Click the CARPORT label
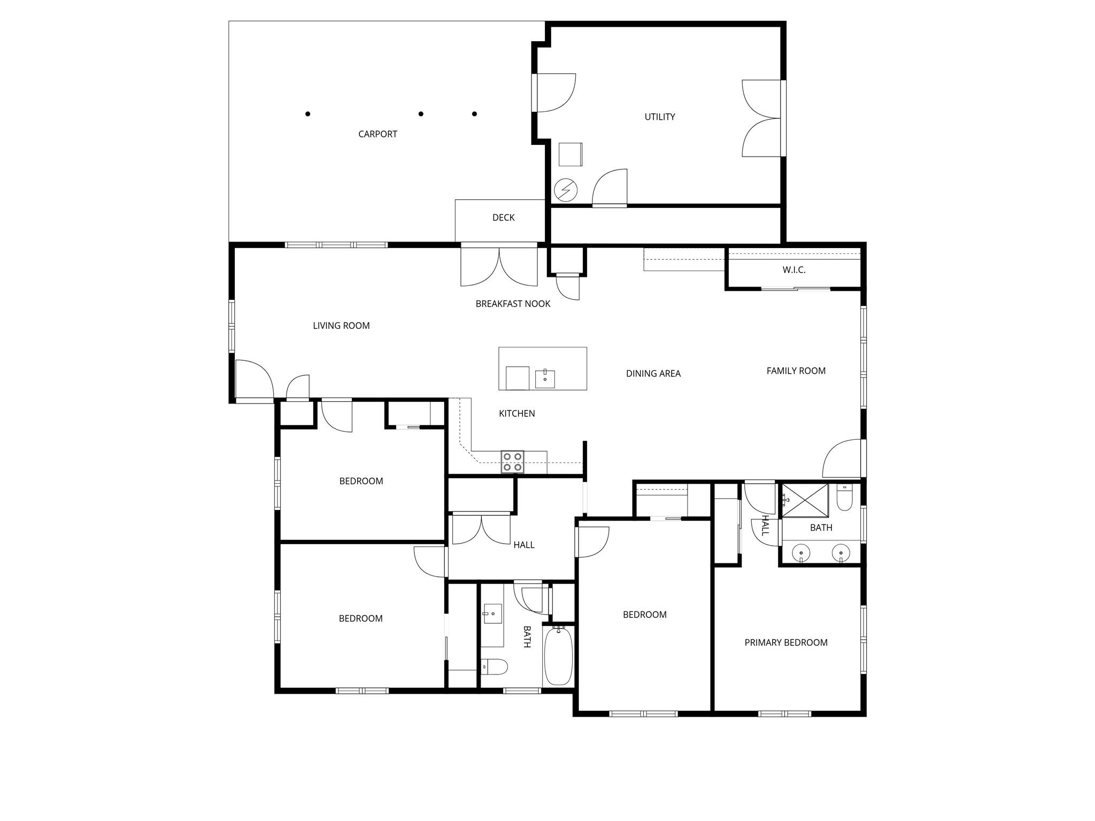(377, 134)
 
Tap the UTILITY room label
(659, 117)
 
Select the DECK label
(503, 218)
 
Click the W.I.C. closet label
(793, 270)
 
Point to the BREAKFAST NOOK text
(513, 304)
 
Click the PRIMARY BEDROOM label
(785, 642)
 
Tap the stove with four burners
(512, 462)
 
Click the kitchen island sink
(545, 379)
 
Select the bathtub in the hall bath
(558, 656)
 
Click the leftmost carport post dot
(308, 114)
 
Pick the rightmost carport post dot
(474, 114)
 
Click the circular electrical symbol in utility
(566, 189)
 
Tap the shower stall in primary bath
(805, 500)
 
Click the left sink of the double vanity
(801, 552)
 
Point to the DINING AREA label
(653, 374)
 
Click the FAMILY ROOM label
(796, 371)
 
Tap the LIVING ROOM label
(341, 326)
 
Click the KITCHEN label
(516, 413)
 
